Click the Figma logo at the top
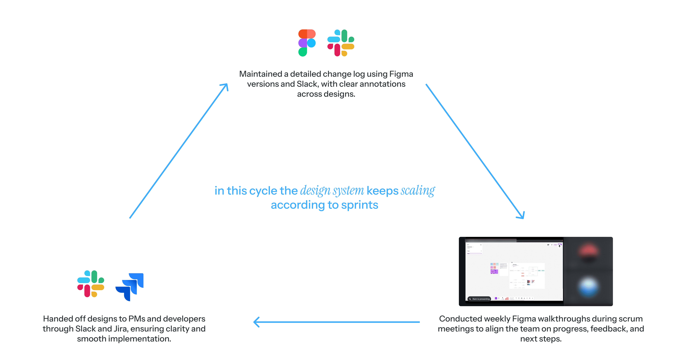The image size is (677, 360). [x=307, y=43]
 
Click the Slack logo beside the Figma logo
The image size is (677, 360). [x=341, y=43]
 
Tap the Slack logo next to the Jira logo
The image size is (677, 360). [x=91, y=284]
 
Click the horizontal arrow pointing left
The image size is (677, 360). [x=336, y=322]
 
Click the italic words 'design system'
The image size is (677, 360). [x=332, y=191]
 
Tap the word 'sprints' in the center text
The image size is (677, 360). [x=360, y=205]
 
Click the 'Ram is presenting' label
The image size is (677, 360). [x=481, y=299]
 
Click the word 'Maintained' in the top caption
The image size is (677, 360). [x=260, y=74]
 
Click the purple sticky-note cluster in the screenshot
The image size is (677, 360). [x=494, y=271]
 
